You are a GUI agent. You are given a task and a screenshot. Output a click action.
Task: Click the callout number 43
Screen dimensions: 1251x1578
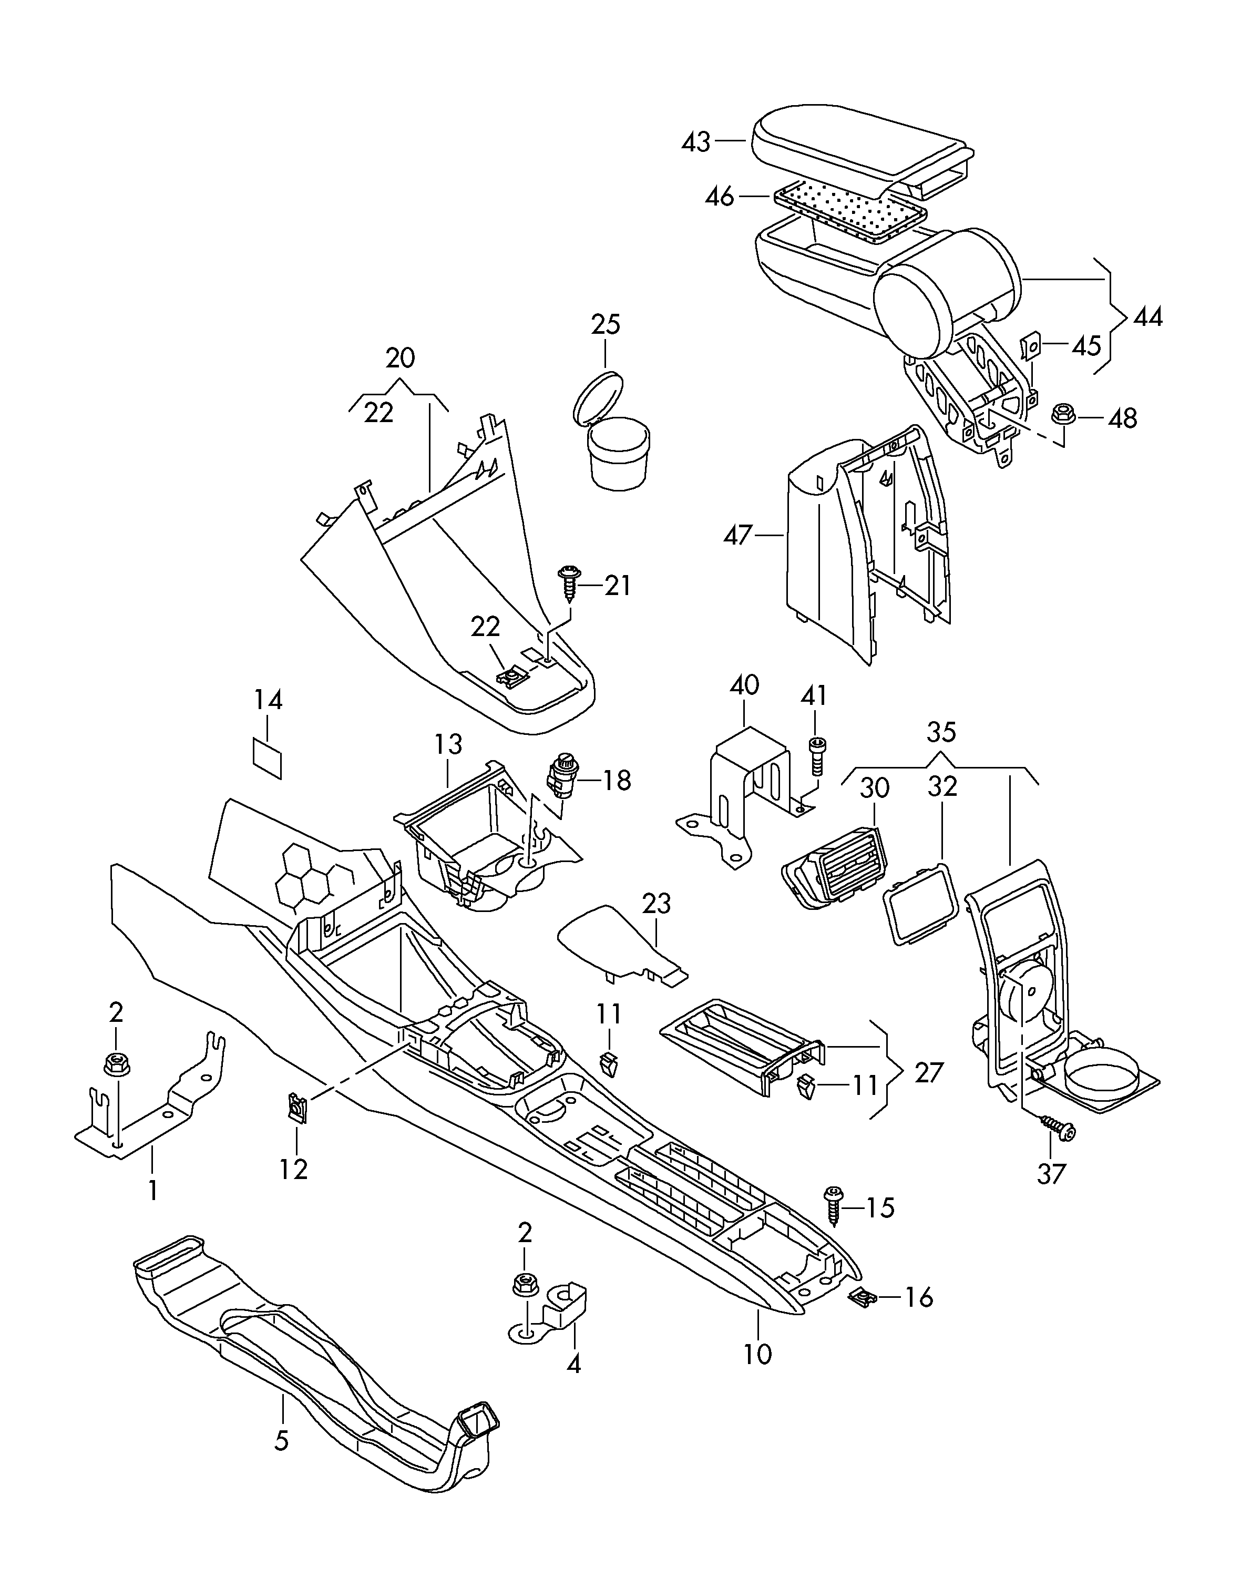tap(695, 141)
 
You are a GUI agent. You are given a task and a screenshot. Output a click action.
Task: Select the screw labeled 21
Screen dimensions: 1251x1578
tap(568, 582)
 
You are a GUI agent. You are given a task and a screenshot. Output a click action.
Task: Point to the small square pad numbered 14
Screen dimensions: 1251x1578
tap(267, 759)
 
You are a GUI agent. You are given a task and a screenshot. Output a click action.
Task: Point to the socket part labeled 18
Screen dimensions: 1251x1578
tap(562, 776)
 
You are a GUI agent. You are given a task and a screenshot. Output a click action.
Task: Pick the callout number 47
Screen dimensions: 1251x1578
tap(738, 535)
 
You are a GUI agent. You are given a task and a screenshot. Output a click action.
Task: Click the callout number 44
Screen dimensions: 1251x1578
tap(1148, 317)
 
